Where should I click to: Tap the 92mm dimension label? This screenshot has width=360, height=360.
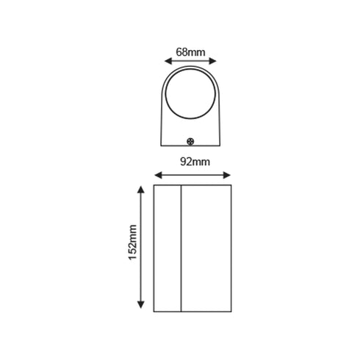(193, 162)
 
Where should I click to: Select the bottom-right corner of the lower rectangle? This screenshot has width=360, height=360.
(231, 309)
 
